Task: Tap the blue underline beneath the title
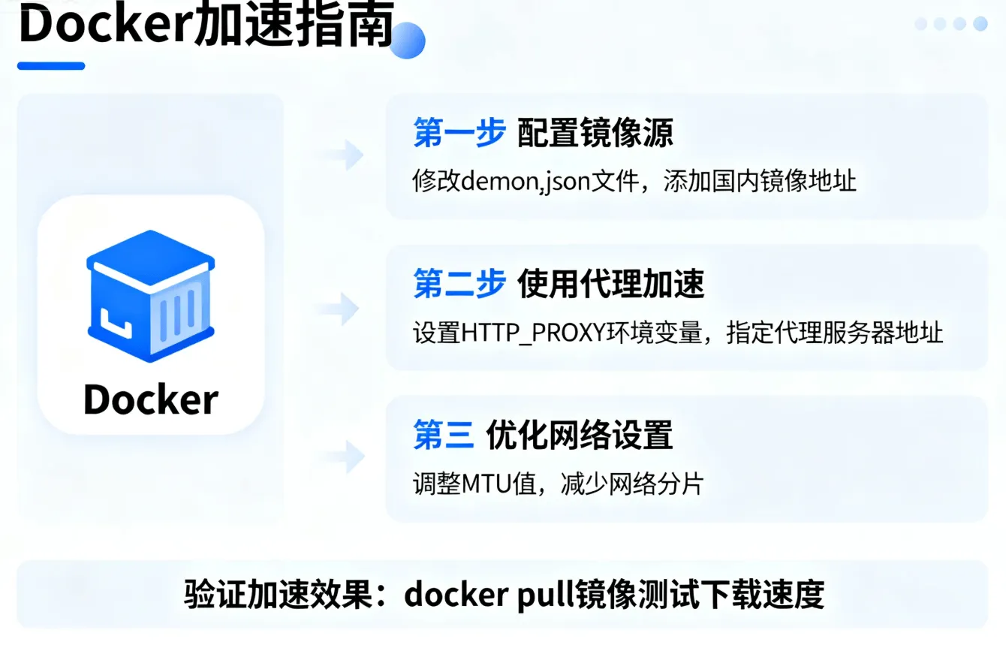click(x=51, y=66)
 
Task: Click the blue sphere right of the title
click(x=408, y=41)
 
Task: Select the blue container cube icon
click(x=150, y=296)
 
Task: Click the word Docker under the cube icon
click(x=151, y=399)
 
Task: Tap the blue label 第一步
click(x=459, y=132)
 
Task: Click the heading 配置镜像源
click(x=595, y=132)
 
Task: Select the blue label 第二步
click(x=459, y=283)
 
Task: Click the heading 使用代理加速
click(x=611, y=284)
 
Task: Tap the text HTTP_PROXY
click(x=534, y=333)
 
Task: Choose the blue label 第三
click(x=444, y=435)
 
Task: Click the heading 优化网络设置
click(x=580, y=435)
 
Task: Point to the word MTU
click(x=486, y=484)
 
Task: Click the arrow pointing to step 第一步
click(x=344, y=155)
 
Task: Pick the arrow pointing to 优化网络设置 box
click(x=345, y=457)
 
